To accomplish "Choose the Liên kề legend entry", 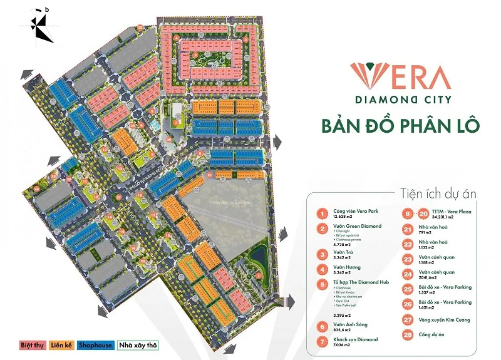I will point(58,345).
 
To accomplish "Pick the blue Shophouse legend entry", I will point(95,345).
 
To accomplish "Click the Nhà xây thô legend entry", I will point(138,345).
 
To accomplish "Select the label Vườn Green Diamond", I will point(358,226).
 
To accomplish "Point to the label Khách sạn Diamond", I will point(356,339).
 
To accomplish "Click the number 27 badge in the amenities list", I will point(408,319).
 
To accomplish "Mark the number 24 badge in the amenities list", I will point(408,275).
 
